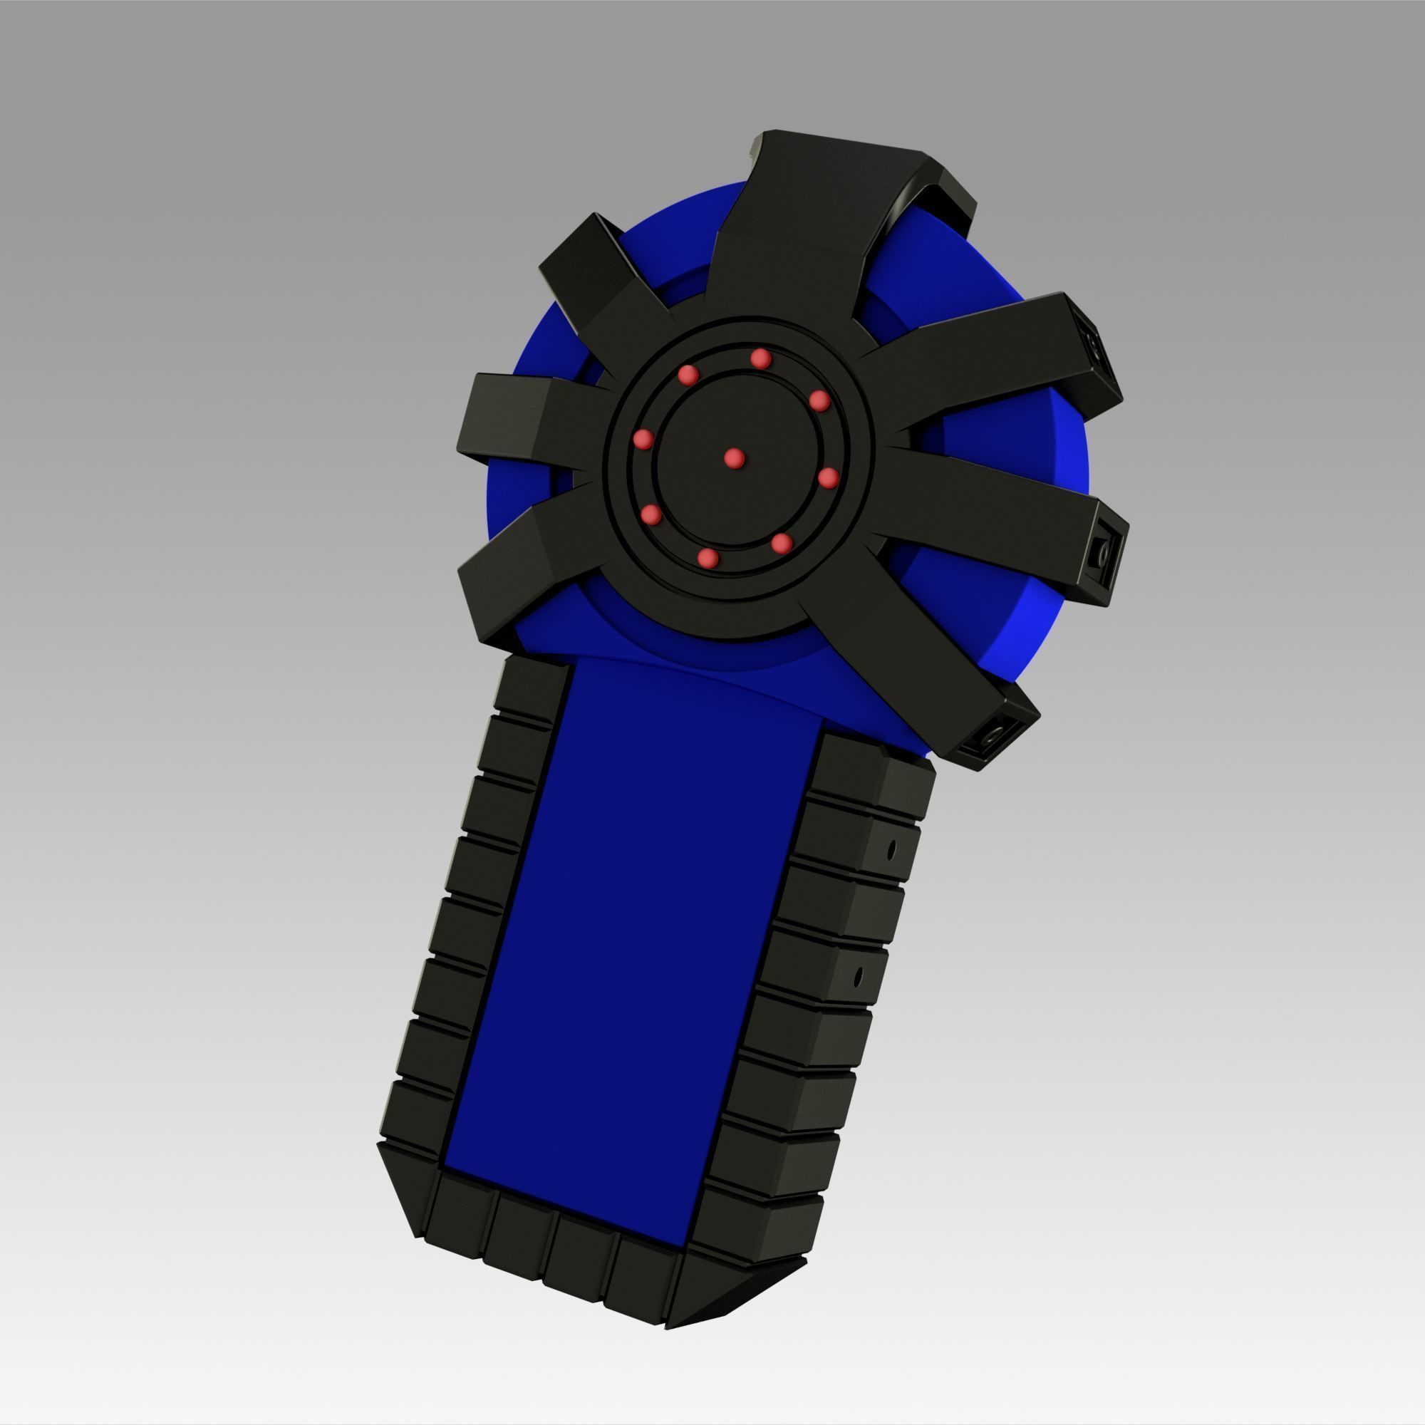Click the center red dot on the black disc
click(x=733, y=459)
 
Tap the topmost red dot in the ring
click(x=760, y=359)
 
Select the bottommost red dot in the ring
click(x=708, y=558)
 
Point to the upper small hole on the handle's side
click(x=891, y=850)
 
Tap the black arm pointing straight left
click(x=517, y=420)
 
